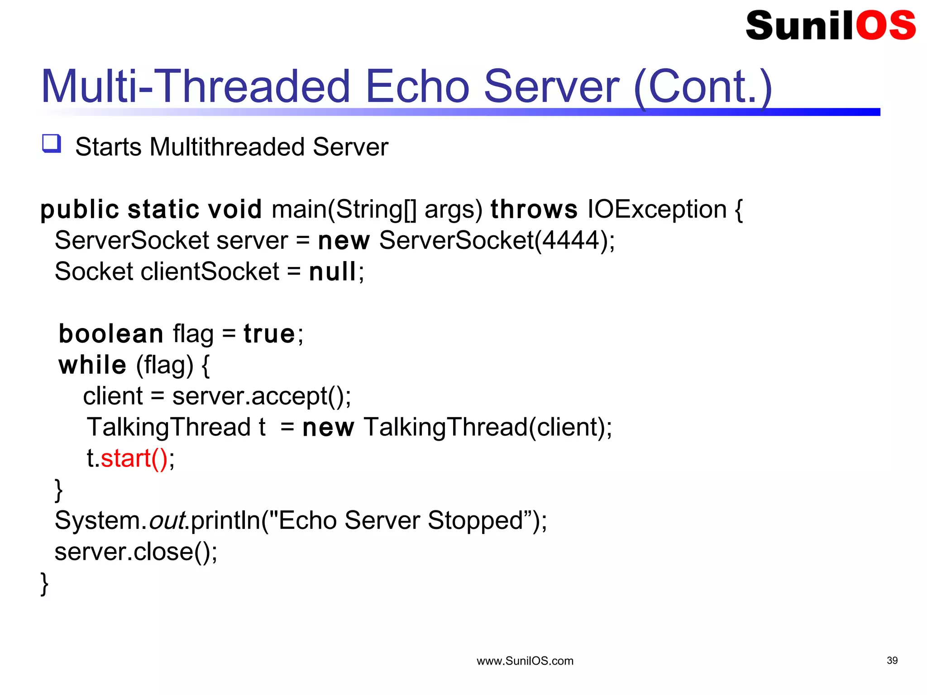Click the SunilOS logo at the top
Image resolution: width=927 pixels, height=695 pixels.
[x=831, y=26]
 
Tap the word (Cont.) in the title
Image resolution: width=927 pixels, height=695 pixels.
[x=702, y=87]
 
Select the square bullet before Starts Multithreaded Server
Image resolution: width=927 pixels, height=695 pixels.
[x=52, y=143]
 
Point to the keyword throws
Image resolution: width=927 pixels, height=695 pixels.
[x=534, y=209]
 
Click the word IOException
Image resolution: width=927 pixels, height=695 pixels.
[x=657, y=209]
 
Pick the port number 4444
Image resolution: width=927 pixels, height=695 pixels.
[x=571, y=240]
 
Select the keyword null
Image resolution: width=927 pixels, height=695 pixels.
[x=332, y=272]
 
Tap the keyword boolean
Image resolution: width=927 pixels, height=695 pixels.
[x=111, y=334]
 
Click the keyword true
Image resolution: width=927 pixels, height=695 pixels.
[x=269, y=334]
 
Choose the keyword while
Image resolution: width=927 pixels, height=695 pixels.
[x=92, y=365]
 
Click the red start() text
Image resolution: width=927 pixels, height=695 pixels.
[x=134, y=458]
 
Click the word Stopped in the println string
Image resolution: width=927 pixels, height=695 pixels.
[x=475, y=520]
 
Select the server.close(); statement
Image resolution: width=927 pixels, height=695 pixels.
[x=136, y=552]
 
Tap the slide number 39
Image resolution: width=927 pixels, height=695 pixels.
[x=892, y=661]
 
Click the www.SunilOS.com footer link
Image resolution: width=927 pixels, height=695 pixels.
[x=525, y=661]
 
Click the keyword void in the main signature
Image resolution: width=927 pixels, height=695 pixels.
[x=234, y=209]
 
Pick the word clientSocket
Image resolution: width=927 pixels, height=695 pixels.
[x=210, y=272]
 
